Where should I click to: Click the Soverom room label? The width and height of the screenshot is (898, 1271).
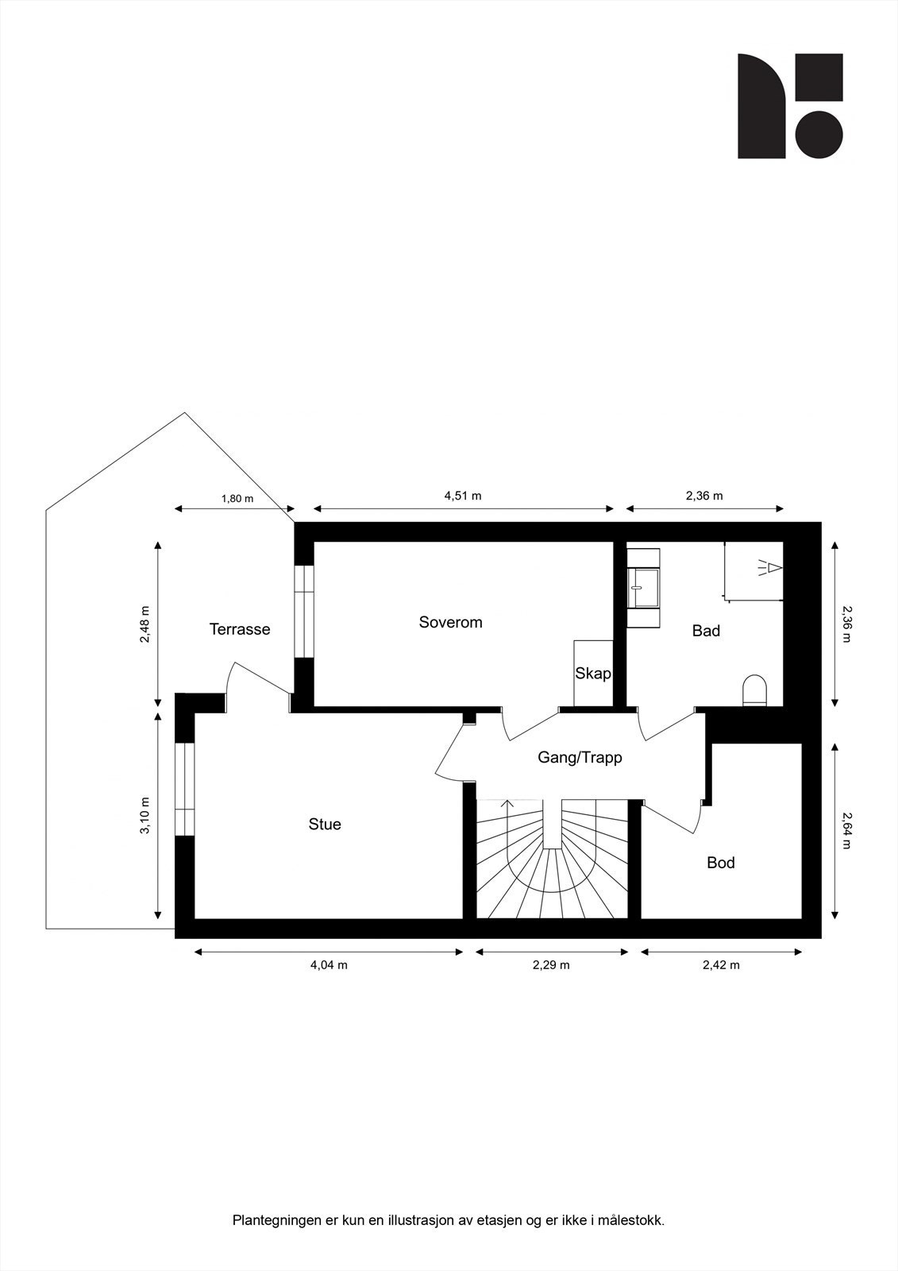point(450,622)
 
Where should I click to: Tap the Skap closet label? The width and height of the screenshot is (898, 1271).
point(593,674)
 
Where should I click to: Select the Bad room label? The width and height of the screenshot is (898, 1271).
point(706,631)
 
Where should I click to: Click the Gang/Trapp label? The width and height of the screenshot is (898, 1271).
point(580,757)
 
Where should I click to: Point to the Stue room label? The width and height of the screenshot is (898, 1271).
point(325,825)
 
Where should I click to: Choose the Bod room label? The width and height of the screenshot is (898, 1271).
point(720,863)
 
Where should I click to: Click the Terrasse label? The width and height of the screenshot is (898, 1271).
point(239,629)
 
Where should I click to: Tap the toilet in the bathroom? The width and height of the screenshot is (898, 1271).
point(754,690)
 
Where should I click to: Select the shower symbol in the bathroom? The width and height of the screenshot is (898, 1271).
point(769,567)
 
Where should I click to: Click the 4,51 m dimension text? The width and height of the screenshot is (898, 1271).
point(463,496)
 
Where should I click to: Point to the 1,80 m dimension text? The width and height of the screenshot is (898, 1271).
point(237,499)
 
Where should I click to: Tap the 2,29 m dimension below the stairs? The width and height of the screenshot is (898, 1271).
point(551,965)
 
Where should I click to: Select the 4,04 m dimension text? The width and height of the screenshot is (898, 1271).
point(329,965)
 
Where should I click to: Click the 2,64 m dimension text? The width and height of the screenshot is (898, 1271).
point(846,829)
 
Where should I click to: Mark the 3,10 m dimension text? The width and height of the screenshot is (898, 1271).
point(145,815)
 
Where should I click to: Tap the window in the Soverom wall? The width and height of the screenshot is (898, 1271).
point(303,612)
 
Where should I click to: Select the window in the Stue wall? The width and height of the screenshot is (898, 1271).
point(184,788)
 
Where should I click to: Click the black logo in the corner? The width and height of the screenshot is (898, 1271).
point(789,106)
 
